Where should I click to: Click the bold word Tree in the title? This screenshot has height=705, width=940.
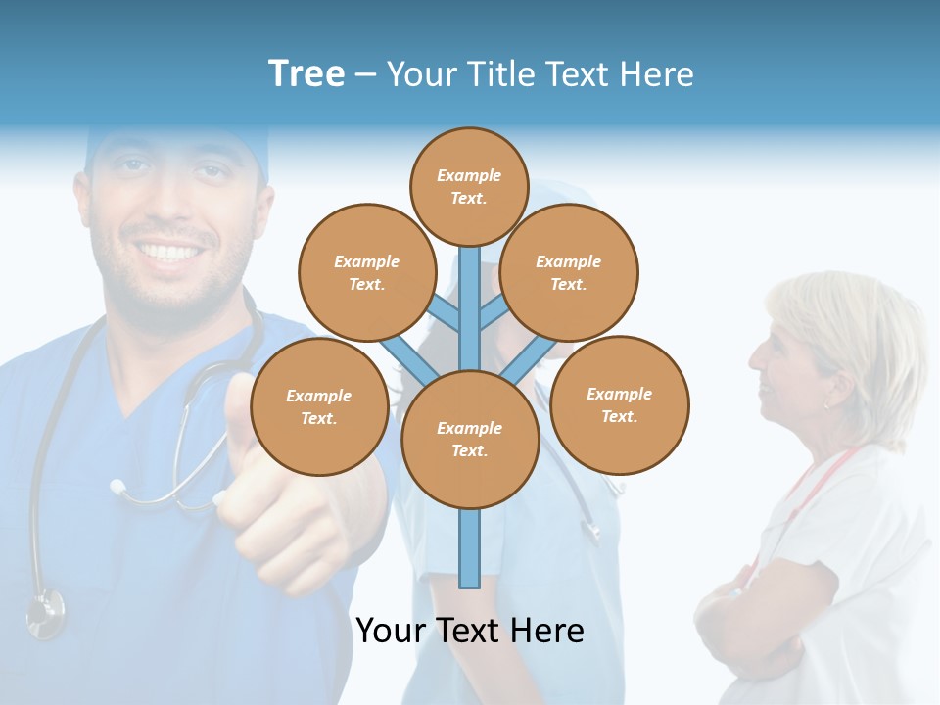(306, 74)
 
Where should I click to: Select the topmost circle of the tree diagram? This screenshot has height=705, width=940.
(469, 186)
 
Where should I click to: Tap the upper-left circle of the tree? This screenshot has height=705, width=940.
(367, 272)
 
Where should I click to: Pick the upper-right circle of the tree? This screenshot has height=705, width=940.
(569, 272)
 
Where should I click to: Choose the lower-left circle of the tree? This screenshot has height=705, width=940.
(319, 406)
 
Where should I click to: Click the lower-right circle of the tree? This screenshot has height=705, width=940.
(620, 404)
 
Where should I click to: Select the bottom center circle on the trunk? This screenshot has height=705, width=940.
(470, 439)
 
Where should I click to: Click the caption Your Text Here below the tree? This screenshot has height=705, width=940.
(470, 631)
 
